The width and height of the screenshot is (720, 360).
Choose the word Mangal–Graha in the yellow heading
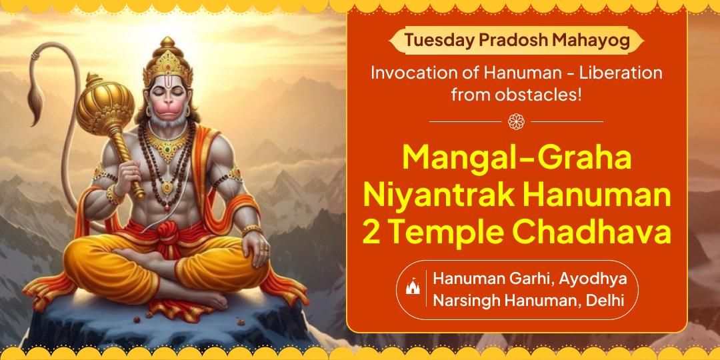pyautogui.click(x=517, y=161)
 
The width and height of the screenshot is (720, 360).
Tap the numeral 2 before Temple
pyautogui.click(x=371, y=234)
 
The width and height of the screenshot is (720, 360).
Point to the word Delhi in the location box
pyautogui.click(x=605, y=301)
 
